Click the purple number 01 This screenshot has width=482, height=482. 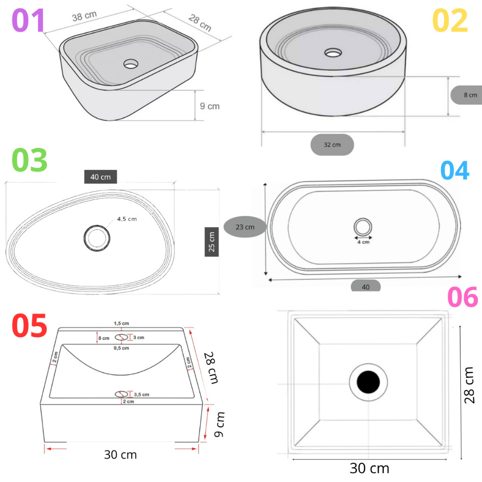(28, 20)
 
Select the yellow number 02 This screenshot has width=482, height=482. (450, 20)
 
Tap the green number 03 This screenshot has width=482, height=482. (30, 160)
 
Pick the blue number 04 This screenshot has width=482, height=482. (455, 170)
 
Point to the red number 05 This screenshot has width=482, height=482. (30, 325)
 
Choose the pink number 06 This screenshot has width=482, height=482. (463, 297)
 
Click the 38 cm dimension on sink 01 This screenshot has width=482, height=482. (85, 16)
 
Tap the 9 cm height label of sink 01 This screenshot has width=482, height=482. (209, 106)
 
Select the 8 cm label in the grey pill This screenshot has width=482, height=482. (470, 95)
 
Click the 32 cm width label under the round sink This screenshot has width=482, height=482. (332, 145)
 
